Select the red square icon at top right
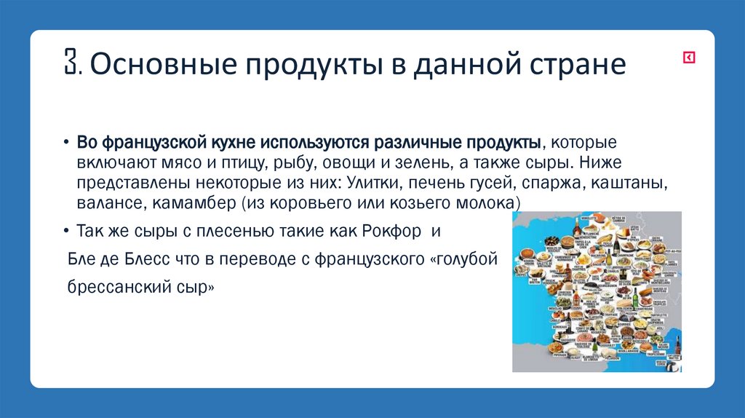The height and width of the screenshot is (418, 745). pos(688,58)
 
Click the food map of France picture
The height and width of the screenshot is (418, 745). pos(597,291)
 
